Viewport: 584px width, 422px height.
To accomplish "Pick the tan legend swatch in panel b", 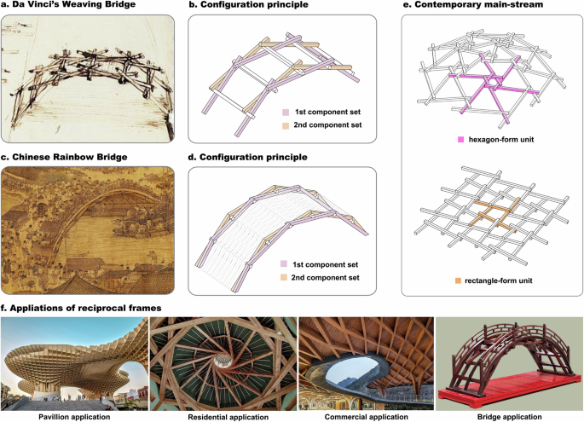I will (284, 125).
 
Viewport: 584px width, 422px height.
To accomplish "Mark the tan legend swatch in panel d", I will (284, 278).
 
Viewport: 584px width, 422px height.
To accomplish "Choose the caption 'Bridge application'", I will (508, 416).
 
